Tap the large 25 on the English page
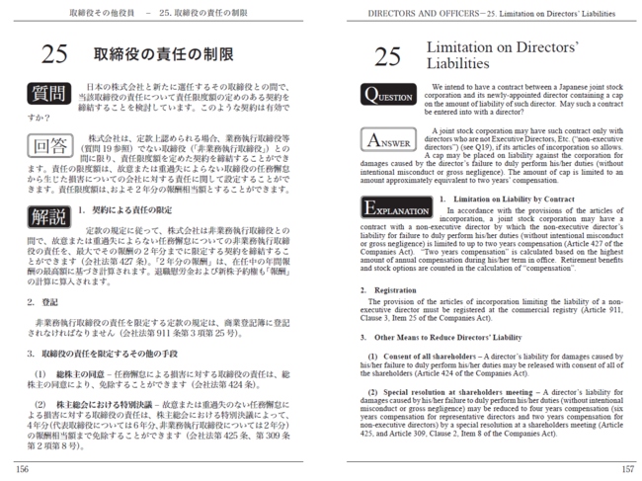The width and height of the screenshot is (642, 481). click(x=387, y=57)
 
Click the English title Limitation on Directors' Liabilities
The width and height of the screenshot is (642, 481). click(x=488, y=54)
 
